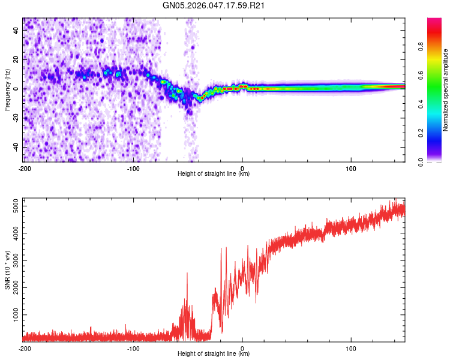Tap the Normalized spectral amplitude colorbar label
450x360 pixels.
point(446,90)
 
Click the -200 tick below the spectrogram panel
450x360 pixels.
point(24,168)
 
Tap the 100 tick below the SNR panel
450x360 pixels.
point(351,348)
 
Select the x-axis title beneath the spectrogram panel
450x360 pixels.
point(214,174)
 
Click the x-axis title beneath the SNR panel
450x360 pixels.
point(214,354)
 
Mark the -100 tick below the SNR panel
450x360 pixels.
point(133,348)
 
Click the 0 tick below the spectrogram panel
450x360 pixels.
point(242,168)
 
